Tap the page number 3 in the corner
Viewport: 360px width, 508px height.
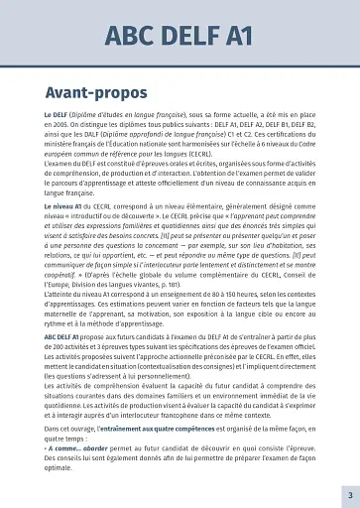(x=348, y=493)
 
